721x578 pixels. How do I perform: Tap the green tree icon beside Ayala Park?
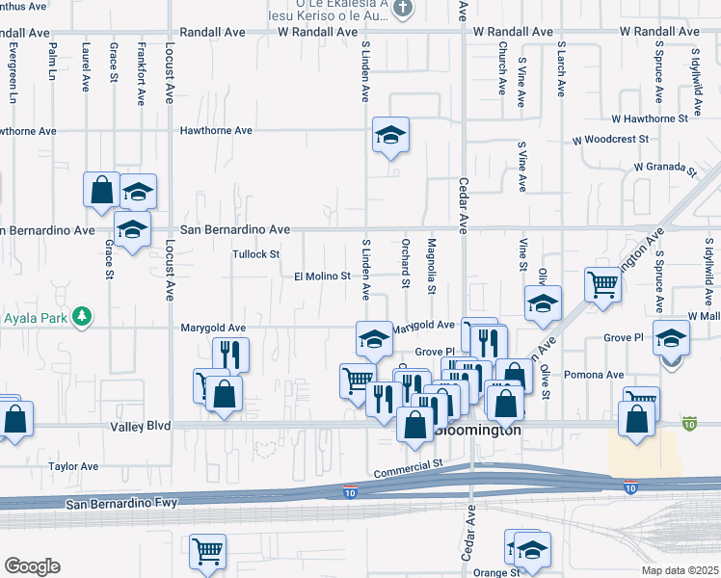(83, 315)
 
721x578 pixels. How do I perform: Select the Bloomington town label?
(480, 431)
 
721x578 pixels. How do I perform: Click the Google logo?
(32, 566)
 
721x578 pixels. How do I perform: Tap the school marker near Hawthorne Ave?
(390, 135)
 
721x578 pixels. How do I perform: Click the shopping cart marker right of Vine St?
(602, 284)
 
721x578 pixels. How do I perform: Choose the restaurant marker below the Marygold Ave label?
(230, 355)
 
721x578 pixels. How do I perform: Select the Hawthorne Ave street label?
(217, 130)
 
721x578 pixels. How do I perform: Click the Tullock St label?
(255, 254)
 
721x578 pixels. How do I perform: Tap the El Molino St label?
(322, 276)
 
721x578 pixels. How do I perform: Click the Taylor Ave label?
(73, 466)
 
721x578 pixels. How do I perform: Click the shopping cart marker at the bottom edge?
(207, 552)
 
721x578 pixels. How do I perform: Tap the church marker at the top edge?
(404, 10)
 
